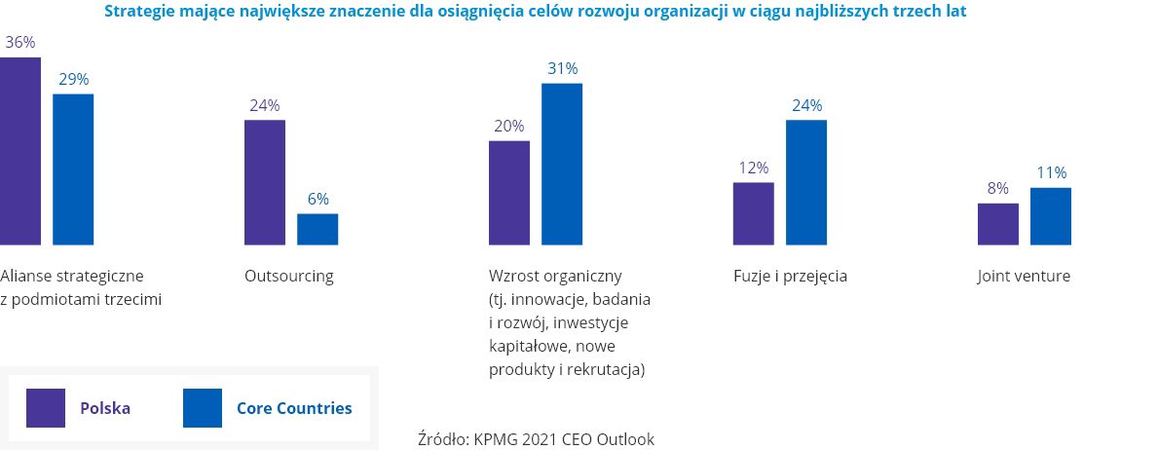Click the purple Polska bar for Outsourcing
(x=265, y=182)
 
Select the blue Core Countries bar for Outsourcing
(x=318, y=229)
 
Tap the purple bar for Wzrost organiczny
(x=509, y=193)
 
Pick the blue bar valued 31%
(x=562, y=164)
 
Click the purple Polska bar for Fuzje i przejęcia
(x=754, y=213)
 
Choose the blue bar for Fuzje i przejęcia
(x=806, y=182)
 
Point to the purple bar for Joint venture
(x=998, y=224)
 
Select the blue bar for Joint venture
(x=1051, y=216)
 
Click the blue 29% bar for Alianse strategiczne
(x=73, y=169)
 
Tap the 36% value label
(x=19, y=43)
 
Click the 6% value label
(x=318, y=199)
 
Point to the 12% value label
(x=754, y=168)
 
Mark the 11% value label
(x=1051, y=172)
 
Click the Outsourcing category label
(x=289, y=276)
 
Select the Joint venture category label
(x=1024, y=276)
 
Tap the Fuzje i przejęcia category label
(x=790, y=276)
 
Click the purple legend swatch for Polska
(x=46, y=408)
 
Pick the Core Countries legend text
(x=294, y=408)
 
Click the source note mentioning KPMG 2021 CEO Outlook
(x=536, y=438)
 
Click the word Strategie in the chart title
(x=137, y=14)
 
